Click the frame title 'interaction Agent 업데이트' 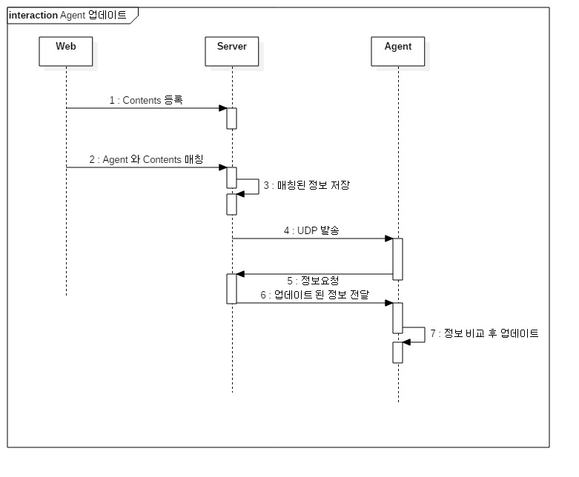[67, 15]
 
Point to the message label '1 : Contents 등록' [146, 100]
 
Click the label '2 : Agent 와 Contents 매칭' [146, 159]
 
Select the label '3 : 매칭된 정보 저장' [306, 185]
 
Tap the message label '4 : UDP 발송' [311, 230]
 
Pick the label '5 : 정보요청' [313, 281]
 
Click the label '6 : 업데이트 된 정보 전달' [314, 295]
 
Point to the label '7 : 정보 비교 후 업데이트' [486, 333]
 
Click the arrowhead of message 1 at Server [222, 108]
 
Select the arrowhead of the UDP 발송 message [388, 238]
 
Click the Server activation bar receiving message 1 [232, 119]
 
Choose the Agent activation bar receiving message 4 [398, 258]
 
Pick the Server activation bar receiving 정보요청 [232, 288]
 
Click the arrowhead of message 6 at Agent [388, 302]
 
